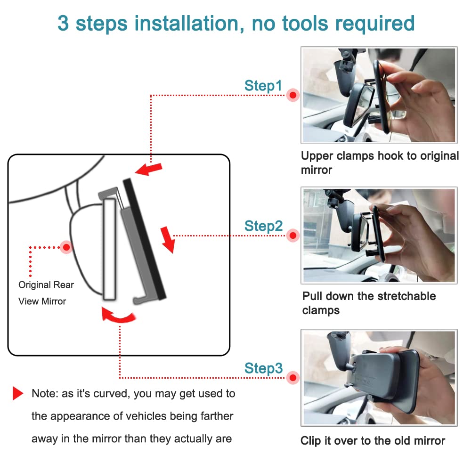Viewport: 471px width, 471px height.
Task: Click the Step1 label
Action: coord(263,86)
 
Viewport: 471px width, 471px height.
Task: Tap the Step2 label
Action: coord(263,226)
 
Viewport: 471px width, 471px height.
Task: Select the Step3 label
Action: coord(263,368)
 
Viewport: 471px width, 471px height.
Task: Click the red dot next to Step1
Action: coord(293,95)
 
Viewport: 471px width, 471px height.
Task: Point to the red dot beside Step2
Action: coord(293,235)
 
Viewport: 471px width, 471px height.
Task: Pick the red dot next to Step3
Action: coord(293,378)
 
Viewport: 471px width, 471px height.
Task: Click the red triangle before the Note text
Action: coord(18,393)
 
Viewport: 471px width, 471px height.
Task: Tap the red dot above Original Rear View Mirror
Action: coord(66,247)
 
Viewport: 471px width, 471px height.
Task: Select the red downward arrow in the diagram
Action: coord(168,240)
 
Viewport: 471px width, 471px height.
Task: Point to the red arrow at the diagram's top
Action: coord(149,169)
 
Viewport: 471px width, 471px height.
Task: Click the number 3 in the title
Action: coord(63,24)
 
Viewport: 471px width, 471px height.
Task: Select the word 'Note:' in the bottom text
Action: coord(45,393)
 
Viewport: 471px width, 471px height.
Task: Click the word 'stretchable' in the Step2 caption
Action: coord(406,296)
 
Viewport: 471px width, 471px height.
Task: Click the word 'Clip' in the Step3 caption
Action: coord(310,441)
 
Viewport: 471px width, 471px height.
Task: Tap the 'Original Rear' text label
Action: coord(46,285)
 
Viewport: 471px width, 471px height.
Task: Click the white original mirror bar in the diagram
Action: coord(109,249)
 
